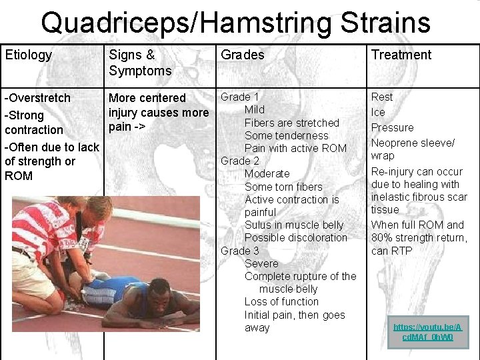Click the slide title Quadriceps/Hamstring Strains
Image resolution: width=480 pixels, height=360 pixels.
tap(235, 23)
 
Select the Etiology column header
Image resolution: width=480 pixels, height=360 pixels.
tap(28, 55)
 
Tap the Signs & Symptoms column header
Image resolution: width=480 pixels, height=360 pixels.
tap(140, 63)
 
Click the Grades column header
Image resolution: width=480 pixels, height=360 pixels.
tap(242, 55)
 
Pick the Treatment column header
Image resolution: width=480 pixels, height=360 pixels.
tap(401, 55)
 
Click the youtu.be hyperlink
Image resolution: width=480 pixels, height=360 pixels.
tap(427, 332)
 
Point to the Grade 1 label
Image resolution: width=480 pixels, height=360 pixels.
tap(240, 97)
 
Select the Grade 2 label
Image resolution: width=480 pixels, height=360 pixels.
tap(240, 161)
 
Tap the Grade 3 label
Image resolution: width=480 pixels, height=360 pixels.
tap(240, 251)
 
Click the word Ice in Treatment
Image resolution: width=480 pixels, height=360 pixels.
tap(378, 112)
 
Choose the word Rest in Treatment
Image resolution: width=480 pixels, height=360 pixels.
tap(382, 97)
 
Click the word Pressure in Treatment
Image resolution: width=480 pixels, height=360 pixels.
tap(392, 127)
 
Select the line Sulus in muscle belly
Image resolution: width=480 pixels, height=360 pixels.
tap(294, 225)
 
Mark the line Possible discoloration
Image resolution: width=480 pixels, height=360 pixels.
tap(296, 238)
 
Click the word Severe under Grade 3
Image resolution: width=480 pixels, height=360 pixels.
tap(261, 264)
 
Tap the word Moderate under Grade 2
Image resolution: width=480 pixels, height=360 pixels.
tap(267, 174)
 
